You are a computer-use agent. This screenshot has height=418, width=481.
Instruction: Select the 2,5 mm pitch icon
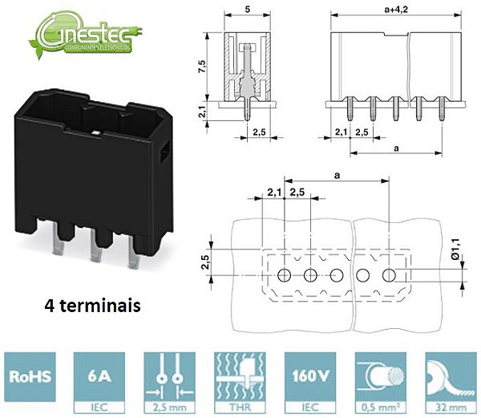point(168,380)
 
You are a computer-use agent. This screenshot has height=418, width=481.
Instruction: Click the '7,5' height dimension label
point(204,67)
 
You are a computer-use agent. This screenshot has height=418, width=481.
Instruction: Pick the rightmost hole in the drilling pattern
point(389,275)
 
